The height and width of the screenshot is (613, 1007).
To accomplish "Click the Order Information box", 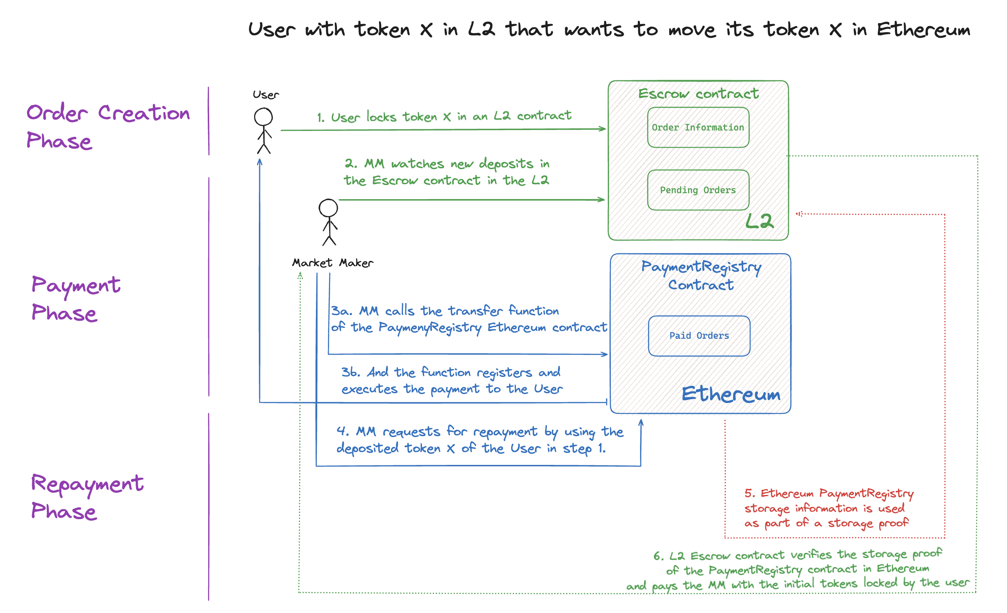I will (698, 127).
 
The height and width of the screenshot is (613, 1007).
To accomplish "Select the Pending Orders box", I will (698, 190).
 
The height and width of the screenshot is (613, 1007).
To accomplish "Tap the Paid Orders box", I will (699, 336).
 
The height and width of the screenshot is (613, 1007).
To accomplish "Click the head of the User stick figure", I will (263, 117).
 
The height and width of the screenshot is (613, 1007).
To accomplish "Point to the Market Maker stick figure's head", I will (328, 208).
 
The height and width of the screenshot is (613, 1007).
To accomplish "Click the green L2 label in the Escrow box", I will (759, 222).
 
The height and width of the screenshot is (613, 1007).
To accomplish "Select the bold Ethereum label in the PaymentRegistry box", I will (731, 394).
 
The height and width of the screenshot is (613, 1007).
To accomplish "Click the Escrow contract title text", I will (698, 94).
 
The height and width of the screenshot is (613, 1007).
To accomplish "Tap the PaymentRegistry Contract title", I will (701, 276).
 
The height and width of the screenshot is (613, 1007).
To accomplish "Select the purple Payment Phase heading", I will (76, 298).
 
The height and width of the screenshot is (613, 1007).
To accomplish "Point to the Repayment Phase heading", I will (87, 497).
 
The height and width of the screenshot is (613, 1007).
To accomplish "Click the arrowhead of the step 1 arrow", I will (603, 128).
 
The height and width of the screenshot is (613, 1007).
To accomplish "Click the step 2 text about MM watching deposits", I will (446, 172).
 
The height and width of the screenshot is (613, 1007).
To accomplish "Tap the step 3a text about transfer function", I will (469, 319).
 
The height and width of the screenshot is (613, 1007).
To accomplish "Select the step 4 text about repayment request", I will (479, 440).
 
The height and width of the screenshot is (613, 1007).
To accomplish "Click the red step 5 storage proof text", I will (828, 508).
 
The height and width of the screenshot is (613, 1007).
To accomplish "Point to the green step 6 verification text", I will (798, 570).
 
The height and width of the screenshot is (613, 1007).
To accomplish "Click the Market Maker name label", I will (333, 263).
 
